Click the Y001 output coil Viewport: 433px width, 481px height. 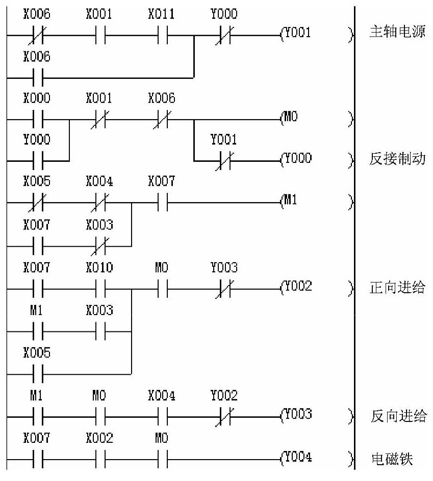pyautogui.click(x=296, y=35)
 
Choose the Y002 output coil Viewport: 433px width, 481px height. pyautogui.click(x=296, y=287)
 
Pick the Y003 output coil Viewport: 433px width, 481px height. pyautogui.click(x=296, y=415)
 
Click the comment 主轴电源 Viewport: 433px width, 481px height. pyautogui.click(x=396, y=35)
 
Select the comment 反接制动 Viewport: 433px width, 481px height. pyautogui.click(x=396, y=160)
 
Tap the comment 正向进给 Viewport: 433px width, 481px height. pyautogui.click(x=396, y=287)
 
